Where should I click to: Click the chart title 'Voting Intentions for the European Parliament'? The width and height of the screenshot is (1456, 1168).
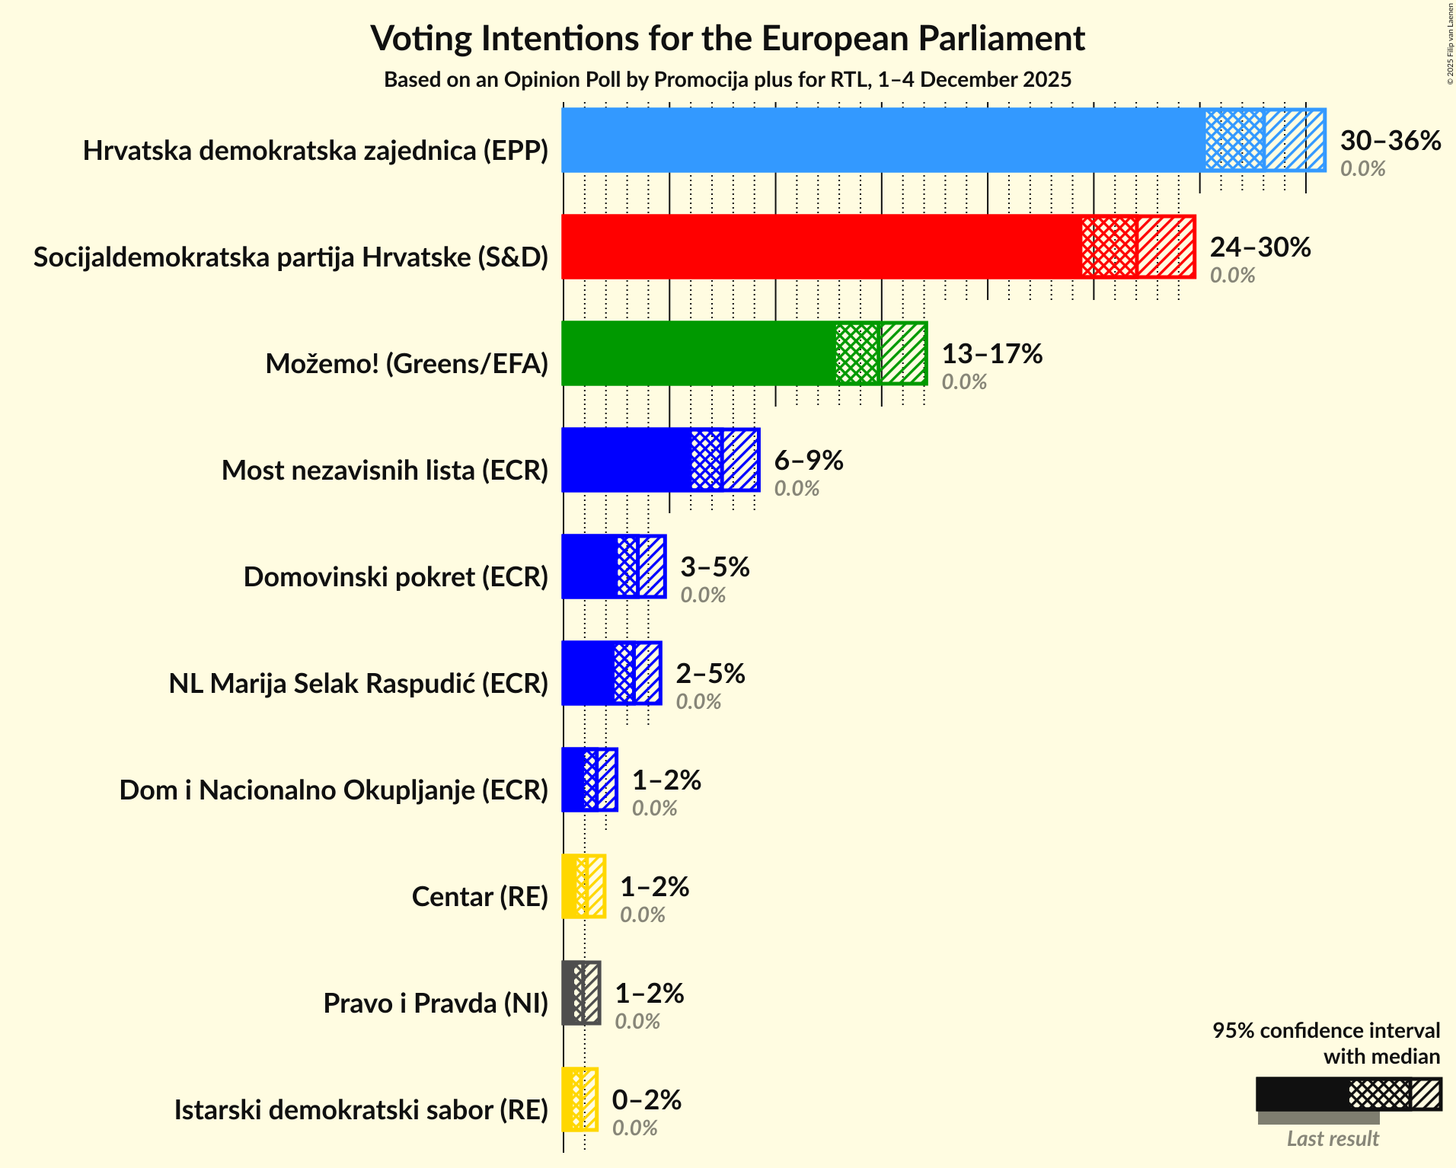(x=727, y=38)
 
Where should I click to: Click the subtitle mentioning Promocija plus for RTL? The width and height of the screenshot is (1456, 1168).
(x=727, y=80)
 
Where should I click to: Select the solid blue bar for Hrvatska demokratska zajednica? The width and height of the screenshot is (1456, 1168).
(x=883, y=140)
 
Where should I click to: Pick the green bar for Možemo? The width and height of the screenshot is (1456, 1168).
(x=698, y=353)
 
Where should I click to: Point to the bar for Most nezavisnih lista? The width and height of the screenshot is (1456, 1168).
(x=626, y=460)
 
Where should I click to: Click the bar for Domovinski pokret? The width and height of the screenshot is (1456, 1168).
(x=589, y=566)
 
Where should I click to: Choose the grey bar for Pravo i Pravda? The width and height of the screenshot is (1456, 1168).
(x=573, y=993)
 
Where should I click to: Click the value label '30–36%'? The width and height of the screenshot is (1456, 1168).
(x=1390, y=141)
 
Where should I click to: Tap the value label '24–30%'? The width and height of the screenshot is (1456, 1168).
(x=1260, y=247)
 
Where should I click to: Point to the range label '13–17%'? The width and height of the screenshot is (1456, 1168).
(x=991, y=354)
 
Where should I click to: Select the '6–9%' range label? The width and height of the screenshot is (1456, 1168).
(x=808, y=461)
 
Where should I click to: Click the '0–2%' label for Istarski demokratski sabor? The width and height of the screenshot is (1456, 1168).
(x=646, y=1100)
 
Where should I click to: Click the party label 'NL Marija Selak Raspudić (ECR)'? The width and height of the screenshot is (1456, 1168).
(x=358, y=684)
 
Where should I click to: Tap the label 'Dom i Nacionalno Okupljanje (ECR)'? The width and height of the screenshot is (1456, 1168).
(x=334, y=790)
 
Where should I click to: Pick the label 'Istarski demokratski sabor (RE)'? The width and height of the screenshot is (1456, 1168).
(x=361, y=1110)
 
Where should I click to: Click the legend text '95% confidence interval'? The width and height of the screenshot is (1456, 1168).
(x=1326, y=1031)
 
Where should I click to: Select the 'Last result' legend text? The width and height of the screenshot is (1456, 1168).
(x=1332, y=1139)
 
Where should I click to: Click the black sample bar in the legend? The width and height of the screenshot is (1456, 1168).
(x=1301, y=1094)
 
